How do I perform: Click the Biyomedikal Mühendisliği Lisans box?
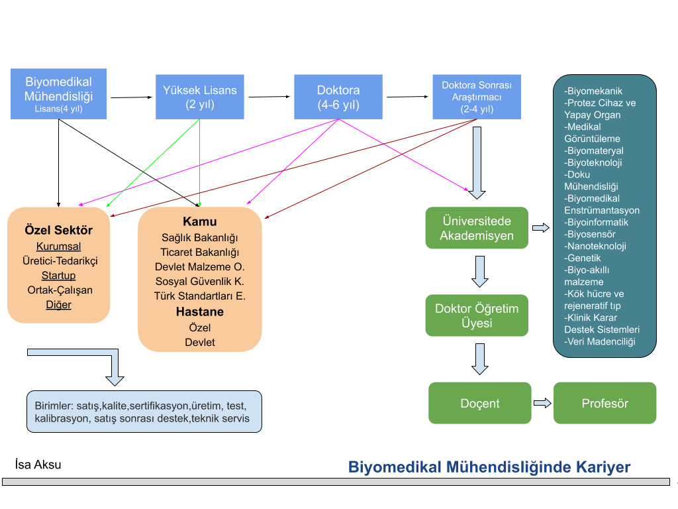click(58, 94)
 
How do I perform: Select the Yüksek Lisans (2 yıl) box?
click(200, 97)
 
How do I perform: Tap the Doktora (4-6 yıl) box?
click(338, 97)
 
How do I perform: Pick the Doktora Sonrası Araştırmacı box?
click(477, 97)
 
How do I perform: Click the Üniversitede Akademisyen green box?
click(477, 228)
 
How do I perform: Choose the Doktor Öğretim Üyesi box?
click(477, 315)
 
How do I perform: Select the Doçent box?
click(480, 403)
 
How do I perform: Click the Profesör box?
click(605, 403)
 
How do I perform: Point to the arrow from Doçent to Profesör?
click(543, 403)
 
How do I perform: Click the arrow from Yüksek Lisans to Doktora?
click(269, 97)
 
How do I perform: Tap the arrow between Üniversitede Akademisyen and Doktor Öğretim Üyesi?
click(480, 272)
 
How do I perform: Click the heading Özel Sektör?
click(58, 230)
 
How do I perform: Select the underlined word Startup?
click(58, 276)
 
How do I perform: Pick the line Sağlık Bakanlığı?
click(200, 238)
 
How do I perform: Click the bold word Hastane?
click(200, 311)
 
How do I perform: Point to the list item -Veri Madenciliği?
click(600, 342)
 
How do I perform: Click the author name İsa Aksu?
click(38, 465)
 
